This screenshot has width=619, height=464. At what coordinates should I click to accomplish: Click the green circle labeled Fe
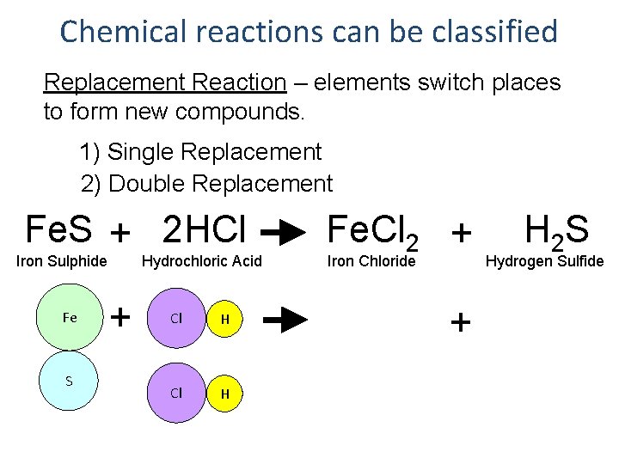pyautogui.click(x=70, y=317)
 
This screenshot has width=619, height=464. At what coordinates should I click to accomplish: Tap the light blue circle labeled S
pyautogui.click(x=70, y=381)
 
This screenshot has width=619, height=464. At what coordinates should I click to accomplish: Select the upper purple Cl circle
pyautogui.click(x=176, y=318)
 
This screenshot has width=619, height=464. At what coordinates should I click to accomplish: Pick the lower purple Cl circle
pyautogui.click(x=176, y=394)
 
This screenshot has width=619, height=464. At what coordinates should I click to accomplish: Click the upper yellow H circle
pyautogui.click(x=225, y=319)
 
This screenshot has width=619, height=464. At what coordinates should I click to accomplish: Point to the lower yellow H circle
pyautogui.click(x=225, y=394)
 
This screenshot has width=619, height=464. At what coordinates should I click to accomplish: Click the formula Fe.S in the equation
pyautogui.click(x=59, y=230)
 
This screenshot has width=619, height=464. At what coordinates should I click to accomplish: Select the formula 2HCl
pyautogui.click(x=205, y=230)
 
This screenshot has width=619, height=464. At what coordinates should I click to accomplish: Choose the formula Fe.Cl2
pyautogui.click(x=374, y=232)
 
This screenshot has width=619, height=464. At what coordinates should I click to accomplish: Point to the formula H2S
pyautogui.click(x=556, y=230)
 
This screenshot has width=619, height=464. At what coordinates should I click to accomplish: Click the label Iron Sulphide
pyautogui.click(x=63, y=261)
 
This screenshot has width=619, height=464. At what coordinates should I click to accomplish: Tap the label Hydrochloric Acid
pyautogui.click(x=201, y=261)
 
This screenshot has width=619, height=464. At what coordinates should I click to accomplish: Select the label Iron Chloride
pyautogui.click(x=371, y=261)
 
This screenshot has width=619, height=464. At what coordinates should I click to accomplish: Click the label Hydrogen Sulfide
pyautogui.click(x=545, y=261)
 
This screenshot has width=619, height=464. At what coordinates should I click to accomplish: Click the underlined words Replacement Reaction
pyautogui.click(x=164, y=82)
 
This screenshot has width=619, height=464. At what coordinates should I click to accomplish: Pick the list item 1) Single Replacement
pyautogui.click(x=200, y=152)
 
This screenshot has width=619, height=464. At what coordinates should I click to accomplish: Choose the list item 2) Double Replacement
pyautogui.click(x=206, y=183)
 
